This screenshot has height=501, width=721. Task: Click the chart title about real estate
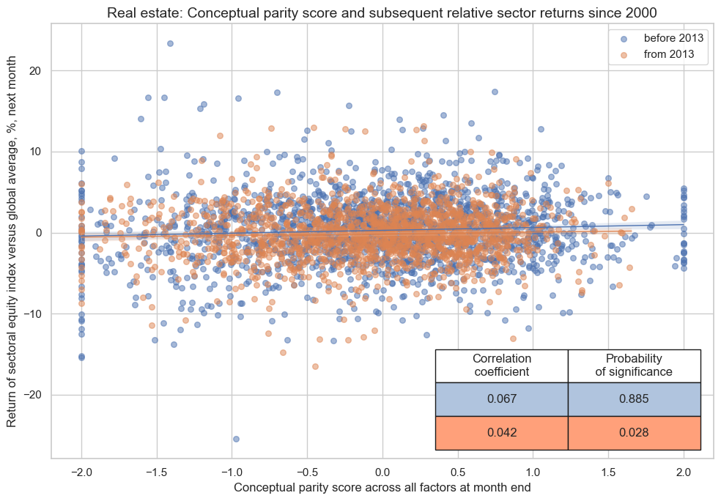click(x=382, y=12)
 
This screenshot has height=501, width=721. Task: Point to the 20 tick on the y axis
click(x=34, y=71)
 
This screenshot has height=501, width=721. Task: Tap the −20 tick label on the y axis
click(x=31, y=396)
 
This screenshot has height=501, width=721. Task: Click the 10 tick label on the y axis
click(x=34, y=152)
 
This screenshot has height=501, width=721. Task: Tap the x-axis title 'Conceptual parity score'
click(x=382, y=486)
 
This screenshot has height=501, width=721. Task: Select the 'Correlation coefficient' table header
click(x=502, y=365)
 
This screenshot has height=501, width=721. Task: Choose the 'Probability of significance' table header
click(x=635, y=365)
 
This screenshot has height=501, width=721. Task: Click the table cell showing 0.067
click(x=502, y=399)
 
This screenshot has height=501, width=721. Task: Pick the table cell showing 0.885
click(x=635, y=399)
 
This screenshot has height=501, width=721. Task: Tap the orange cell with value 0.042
click(x=502, y=433)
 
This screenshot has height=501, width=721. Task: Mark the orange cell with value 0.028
click(x=635, y=433)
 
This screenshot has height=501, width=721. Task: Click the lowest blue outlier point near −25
click(x=236, y=439)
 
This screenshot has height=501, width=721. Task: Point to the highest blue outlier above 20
click(x=170, y=43)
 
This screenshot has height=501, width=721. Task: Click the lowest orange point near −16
click(x=315, y=366)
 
